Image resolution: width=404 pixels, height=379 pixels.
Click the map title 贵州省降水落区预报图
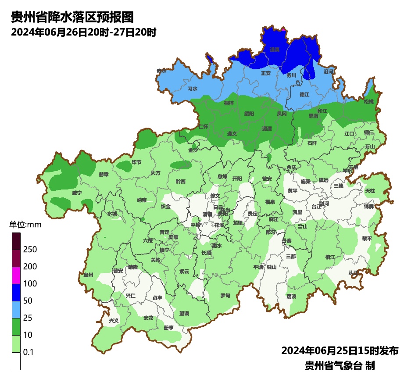[72, 17]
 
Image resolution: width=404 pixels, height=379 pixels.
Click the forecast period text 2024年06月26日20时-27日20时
[84, 32]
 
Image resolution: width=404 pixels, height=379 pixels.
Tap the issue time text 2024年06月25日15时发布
[340, 350]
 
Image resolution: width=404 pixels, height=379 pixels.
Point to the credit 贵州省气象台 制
[340, 365]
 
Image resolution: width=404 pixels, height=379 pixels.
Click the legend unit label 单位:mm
[25, 225]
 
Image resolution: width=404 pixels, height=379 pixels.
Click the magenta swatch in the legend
[16, 275]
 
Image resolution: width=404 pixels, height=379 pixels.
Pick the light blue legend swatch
[16, 309]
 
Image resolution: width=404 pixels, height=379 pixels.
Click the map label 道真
[275, 50]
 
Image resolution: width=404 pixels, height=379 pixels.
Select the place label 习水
[193, 89]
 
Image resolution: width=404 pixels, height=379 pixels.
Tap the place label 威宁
[77, 193]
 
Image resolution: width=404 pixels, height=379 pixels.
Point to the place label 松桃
[369, 102]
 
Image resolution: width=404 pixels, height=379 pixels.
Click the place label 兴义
[114, 321]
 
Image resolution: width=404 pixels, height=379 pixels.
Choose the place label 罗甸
[225, 295]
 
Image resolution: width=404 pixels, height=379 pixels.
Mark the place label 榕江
[330, 257]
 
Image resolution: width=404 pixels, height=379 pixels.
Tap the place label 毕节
[137, 162]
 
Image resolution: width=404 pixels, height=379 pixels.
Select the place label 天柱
[370, 191]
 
